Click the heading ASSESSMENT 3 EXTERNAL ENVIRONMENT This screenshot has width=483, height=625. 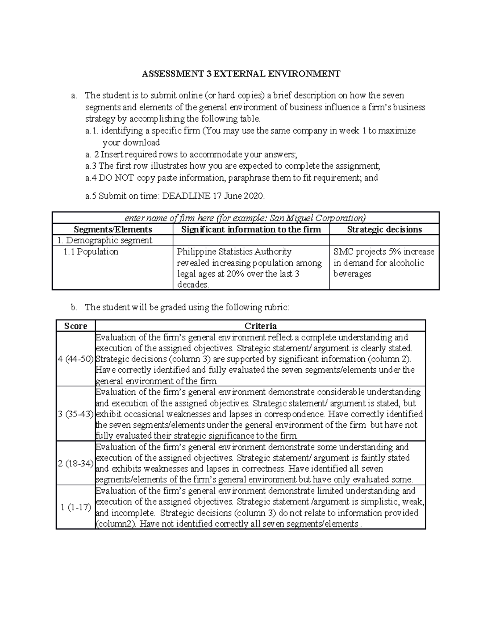tap(241, 74)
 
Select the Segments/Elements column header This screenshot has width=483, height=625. tap(113, 229)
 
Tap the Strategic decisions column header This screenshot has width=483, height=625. tap(384, 229)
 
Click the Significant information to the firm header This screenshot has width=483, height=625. tap(251, 229)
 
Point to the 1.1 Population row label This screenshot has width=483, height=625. tap(91, 252)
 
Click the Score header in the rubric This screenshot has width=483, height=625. tap(76, 326)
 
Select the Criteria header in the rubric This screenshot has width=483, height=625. tap(260, 326)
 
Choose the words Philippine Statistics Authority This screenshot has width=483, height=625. tap(234, 252)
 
